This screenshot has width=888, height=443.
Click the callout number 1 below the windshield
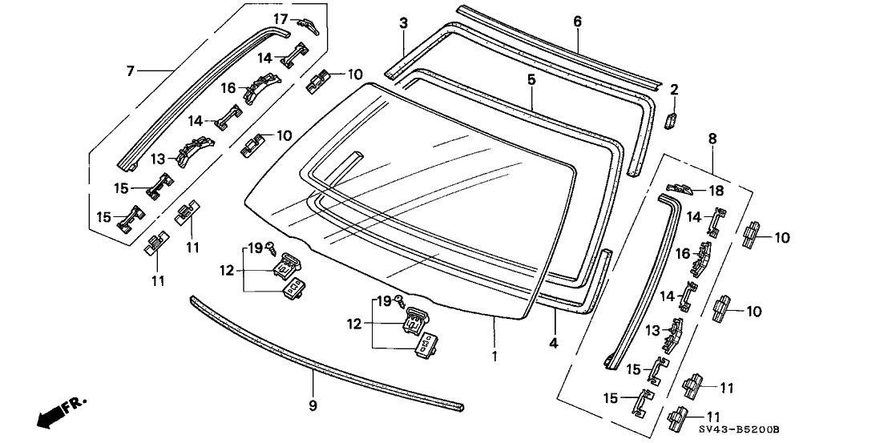pos(495,355)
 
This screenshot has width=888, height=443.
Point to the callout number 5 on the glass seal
pos(531,80)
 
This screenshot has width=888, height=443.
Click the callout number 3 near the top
pos(403,22)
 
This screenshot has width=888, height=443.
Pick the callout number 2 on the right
pos(674,89)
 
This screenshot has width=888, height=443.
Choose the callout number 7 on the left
pos(131,71)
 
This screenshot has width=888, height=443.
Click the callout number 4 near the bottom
pos(555,342)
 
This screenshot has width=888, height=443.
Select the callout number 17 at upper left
pos(281,18)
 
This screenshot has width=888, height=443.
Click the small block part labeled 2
pos(672,119)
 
